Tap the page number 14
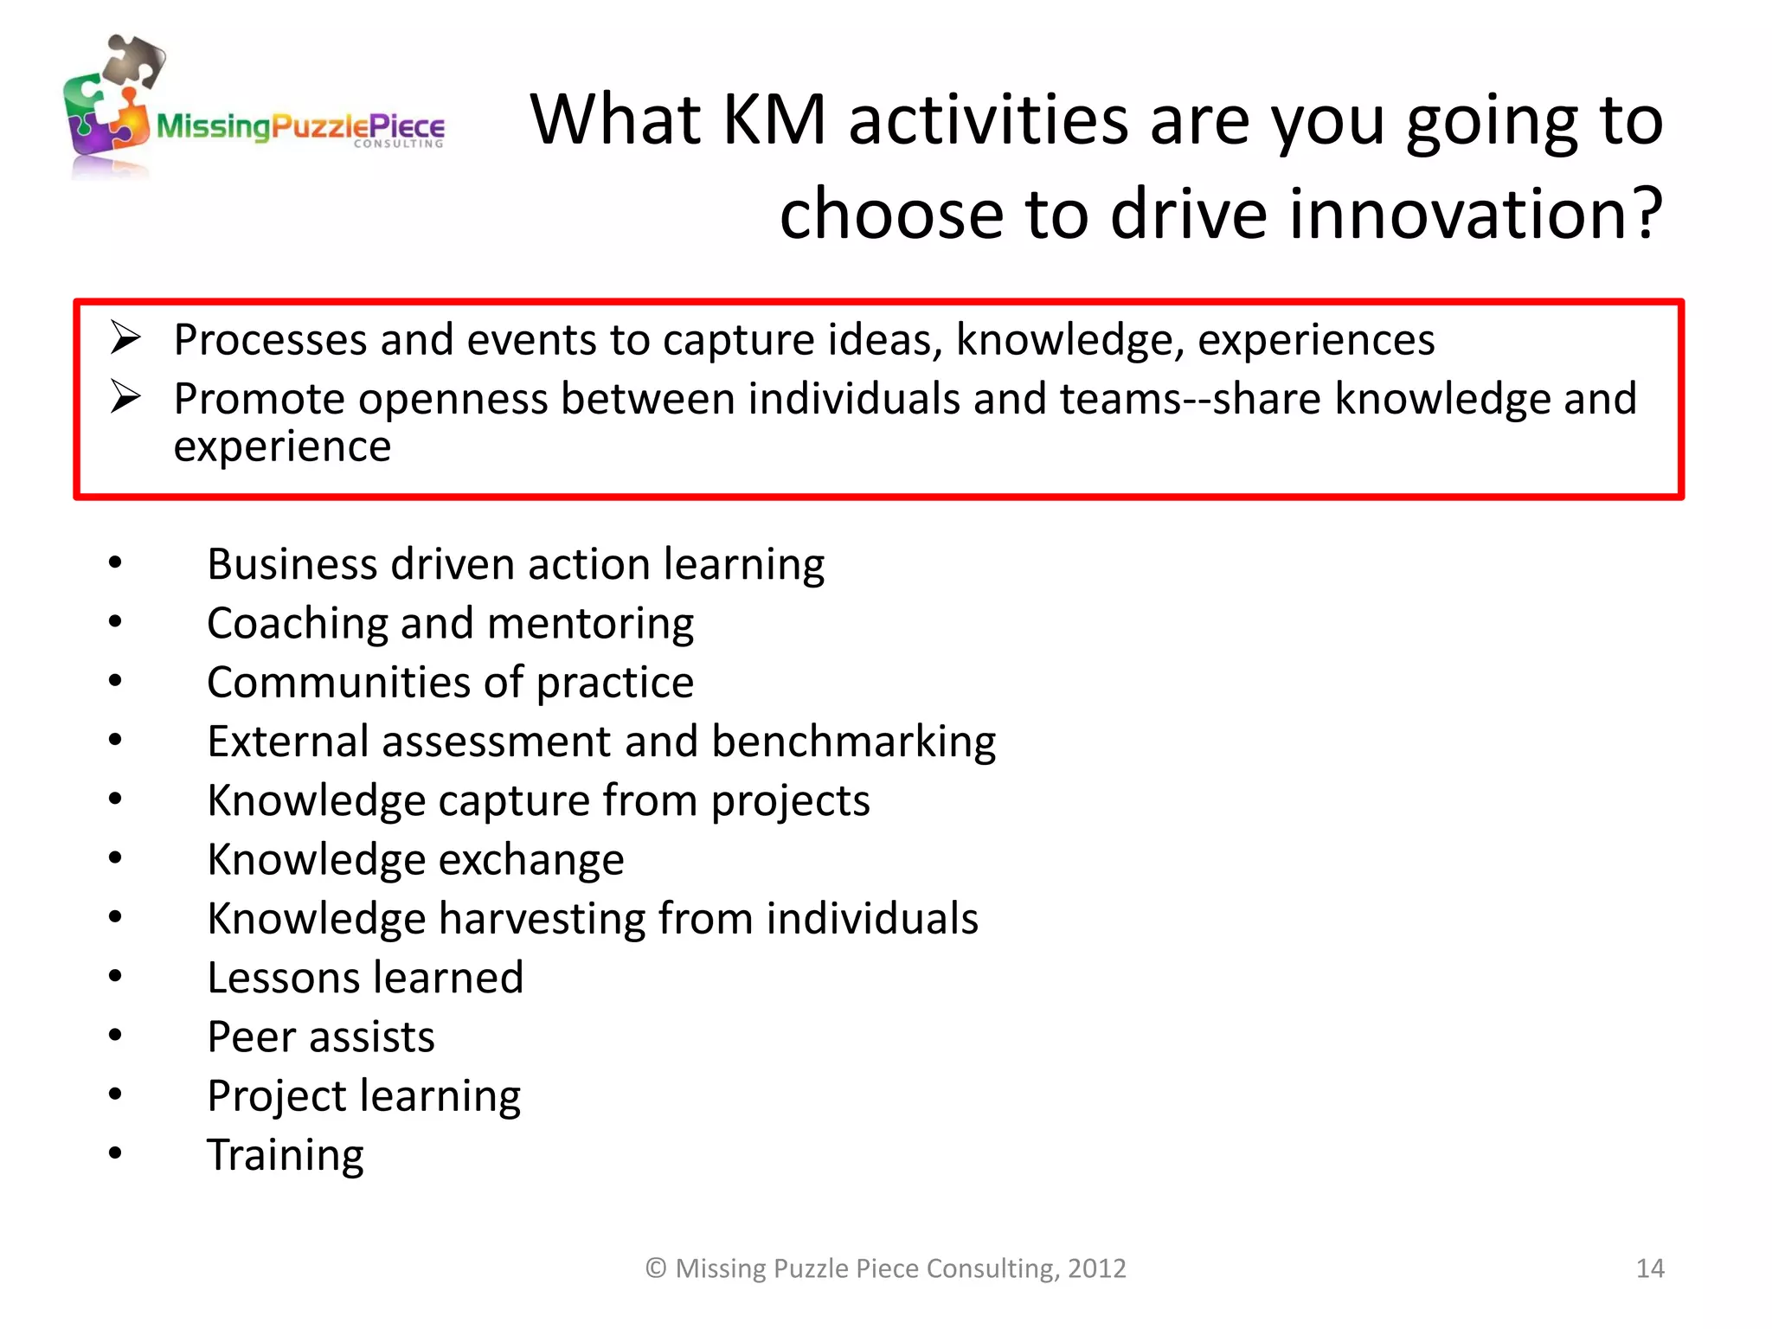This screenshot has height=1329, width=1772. coord(1649,1268)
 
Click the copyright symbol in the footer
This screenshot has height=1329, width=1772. coord(656,1268)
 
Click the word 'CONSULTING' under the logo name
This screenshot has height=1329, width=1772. coord(398,144)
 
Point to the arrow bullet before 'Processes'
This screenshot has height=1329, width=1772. coord(125,337)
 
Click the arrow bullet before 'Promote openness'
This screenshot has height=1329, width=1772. coord(125,397)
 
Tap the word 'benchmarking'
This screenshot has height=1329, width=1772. coord(853,742)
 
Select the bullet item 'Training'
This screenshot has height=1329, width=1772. coord(286,1155)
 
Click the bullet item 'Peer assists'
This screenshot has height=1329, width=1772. coord(321,1037)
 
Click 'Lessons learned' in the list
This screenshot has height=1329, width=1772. coord(365,978)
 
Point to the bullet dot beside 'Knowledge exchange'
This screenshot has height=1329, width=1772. coord(115,858)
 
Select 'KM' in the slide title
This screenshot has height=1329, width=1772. coord(774,119)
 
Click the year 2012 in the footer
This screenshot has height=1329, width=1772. coord(1096,1268)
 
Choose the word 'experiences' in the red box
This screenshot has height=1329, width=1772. coord(1315,340)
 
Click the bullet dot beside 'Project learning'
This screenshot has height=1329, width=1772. coord(115,1095)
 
